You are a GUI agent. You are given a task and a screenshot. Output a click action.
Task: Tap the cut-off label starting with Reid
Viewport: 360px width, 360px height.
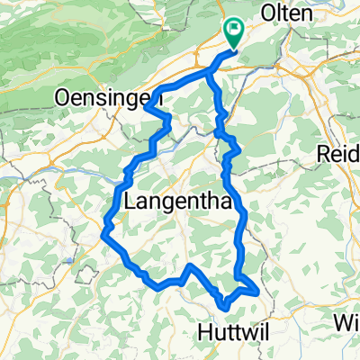[x=338, y=155]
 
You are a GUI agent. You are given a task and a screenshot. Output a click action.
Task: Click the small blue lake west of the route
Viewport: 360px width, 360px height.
[x=69, y=261]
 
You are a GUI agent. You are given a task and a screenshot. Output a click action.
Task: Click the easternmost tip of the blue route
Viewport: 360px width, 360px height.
[x=259, y=291]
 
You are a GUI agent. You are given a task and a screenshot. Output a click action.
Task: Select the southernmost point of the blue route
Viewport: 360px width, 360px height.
[x=222, y=311]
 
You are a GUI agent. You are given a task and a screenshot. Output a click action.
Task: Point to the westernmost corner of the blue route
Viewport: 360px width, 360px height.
[x=104, y=234]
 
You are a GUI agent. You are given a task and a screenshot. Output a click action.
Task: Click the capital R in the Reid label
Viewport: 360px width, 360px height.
[x=325, y=155]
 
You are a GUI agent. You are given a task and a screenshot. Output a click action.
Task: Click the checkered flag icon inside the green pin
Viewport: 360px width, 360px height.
[x=233, y=31]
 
